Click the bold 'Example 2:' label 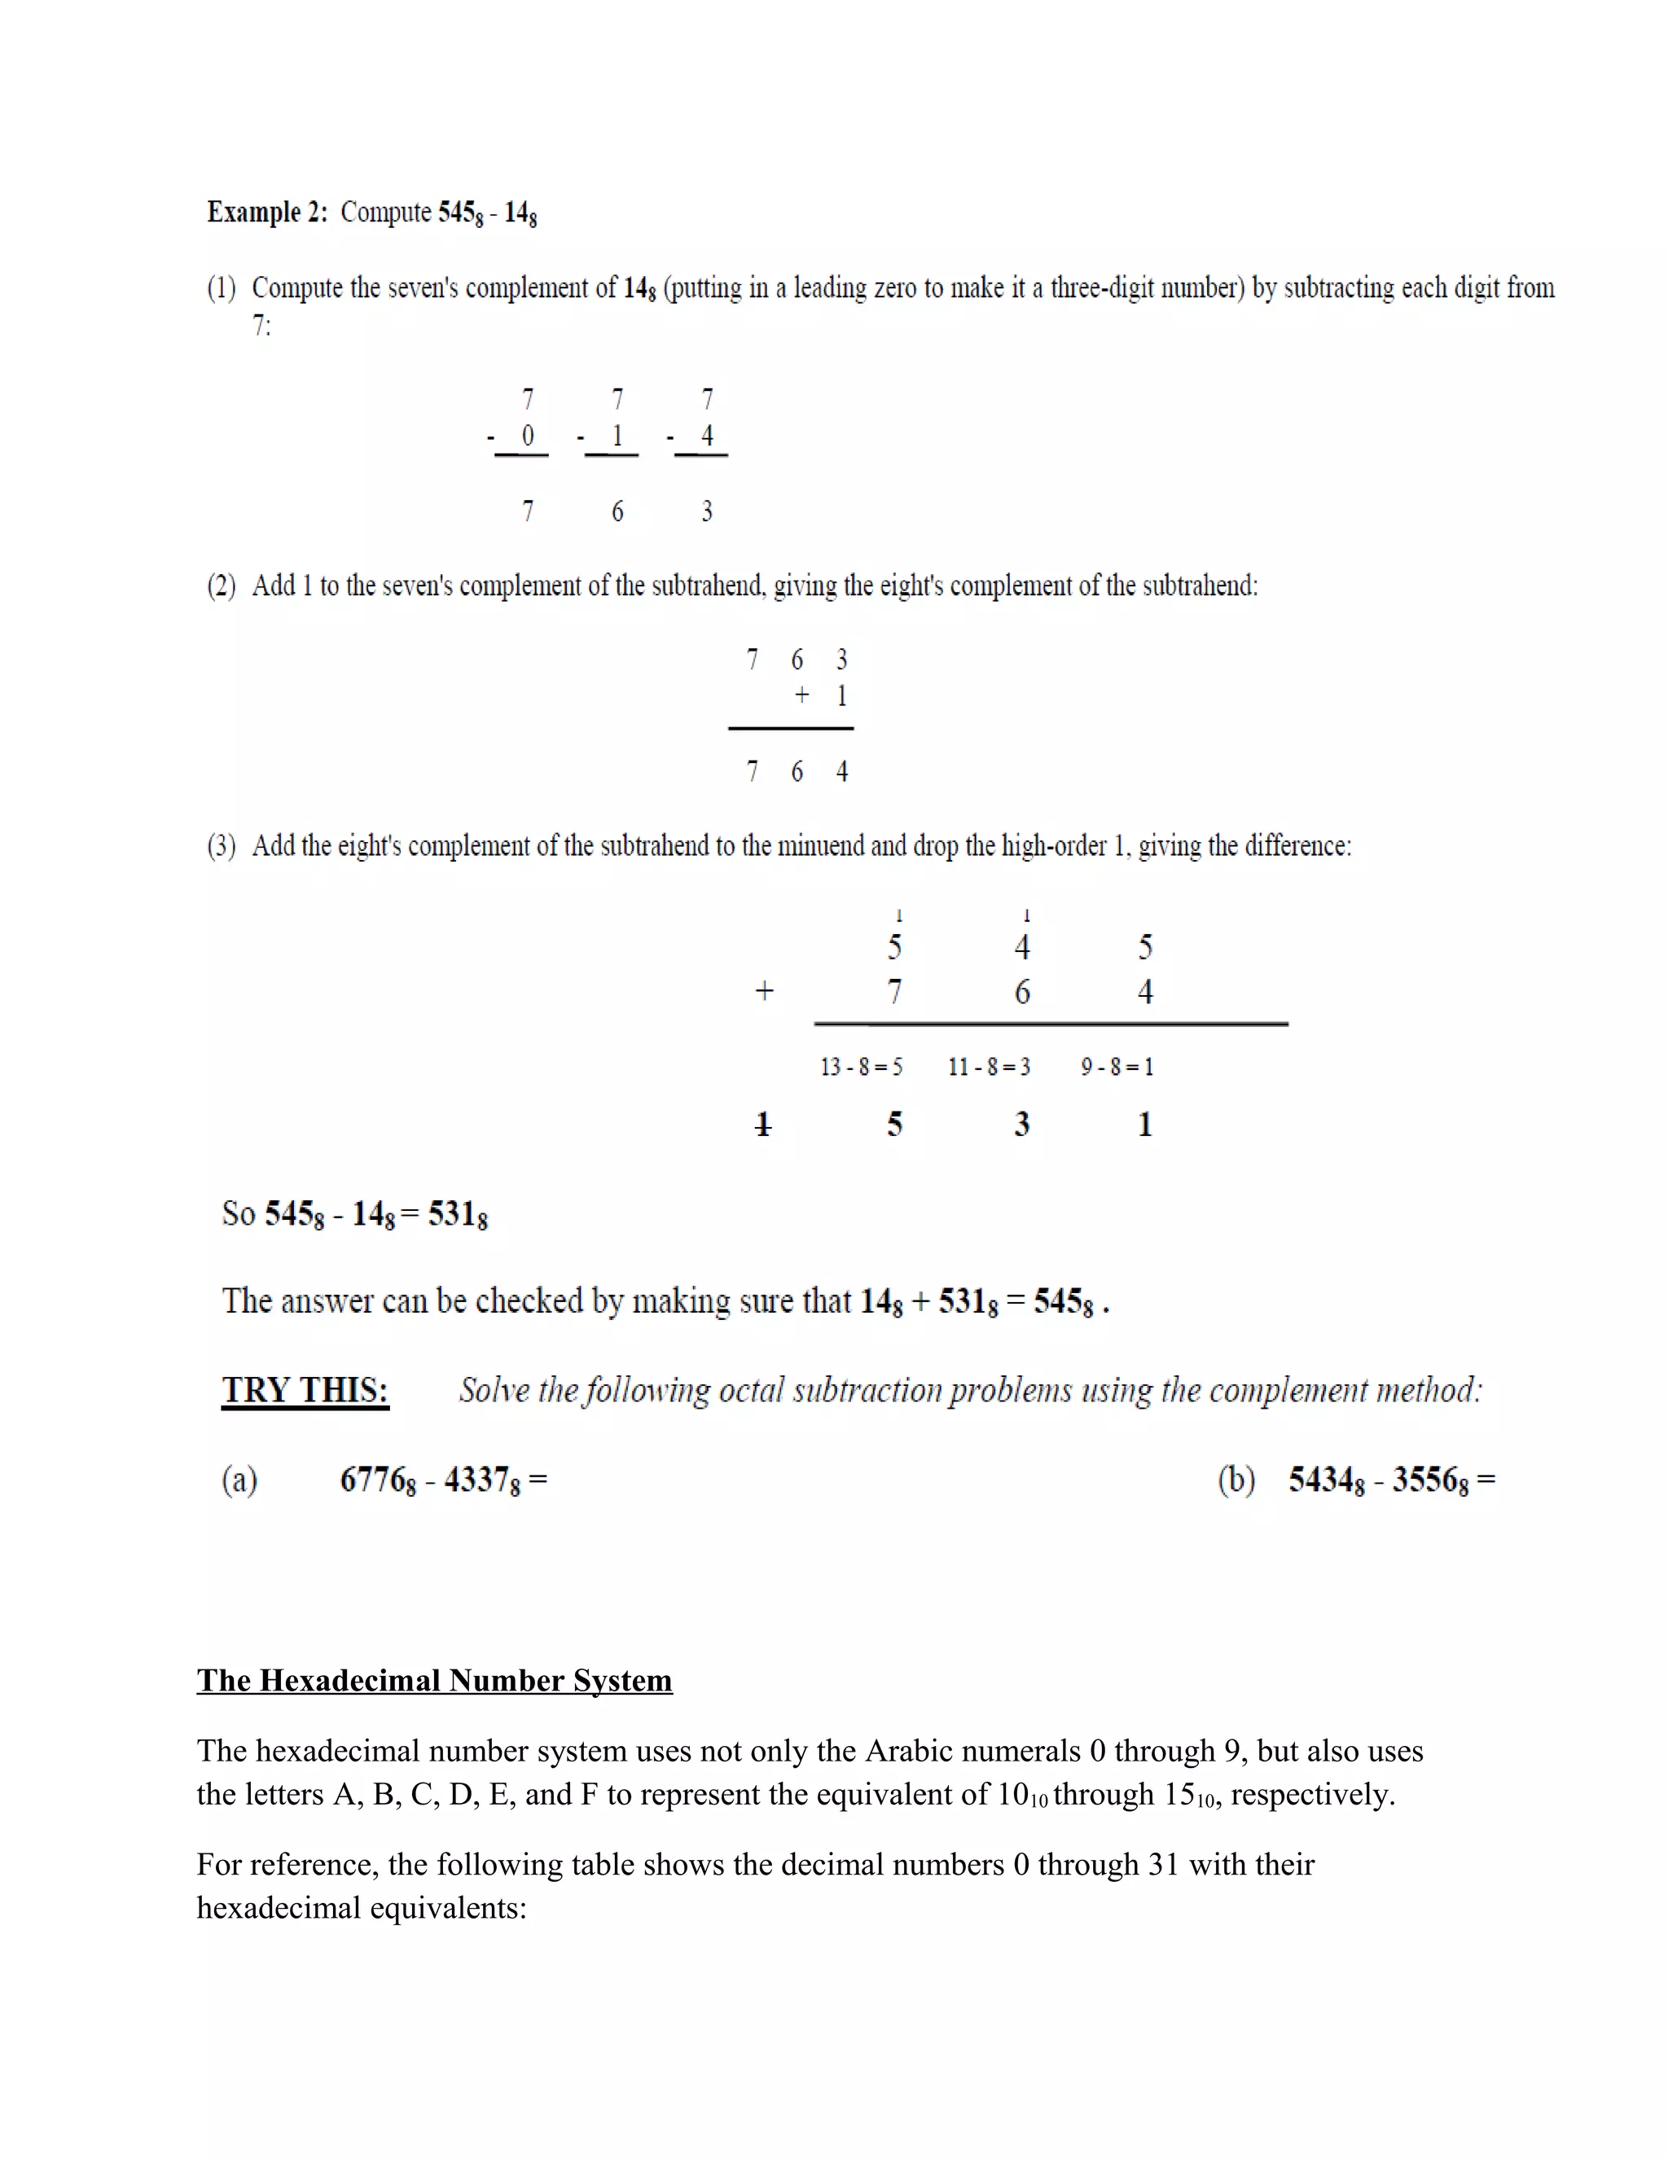(x=267, y=213)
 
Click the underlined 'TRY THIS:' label (x=305, y=1390)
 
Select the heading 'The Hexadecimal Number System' (x=434, y=1681)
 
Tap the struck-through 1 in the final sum (x=762, y=1125)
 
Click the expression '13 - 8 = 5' (x=861, y=1067)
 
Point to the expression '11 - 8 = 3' (x=988, y=1067)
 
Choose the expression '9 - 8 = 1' (x=1117, y=1067)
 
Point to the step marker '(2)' (x=222, y=586)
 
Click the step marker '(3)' (x=222, y=846)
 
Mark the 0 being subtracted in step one (x=528, y=436)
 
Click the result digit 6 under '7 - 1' (x=617, y=511)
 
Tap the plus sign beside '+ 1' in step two (x=801, y=695)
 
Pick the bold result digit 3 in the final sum (x=1022, y=1125)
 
